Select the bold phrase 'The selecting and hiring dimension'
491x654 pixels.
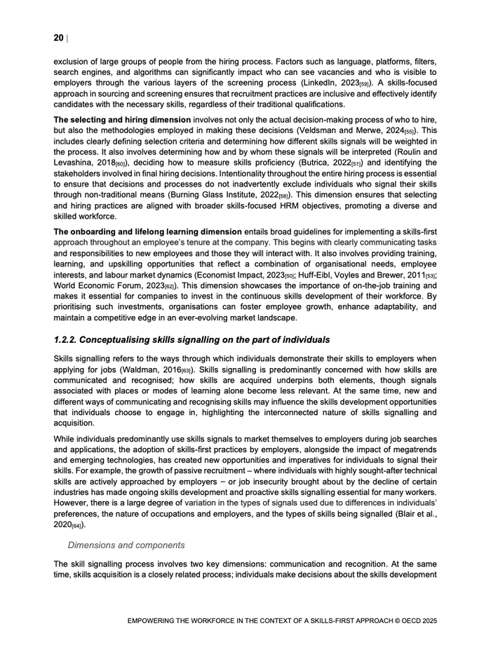(x=122, y=119)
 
